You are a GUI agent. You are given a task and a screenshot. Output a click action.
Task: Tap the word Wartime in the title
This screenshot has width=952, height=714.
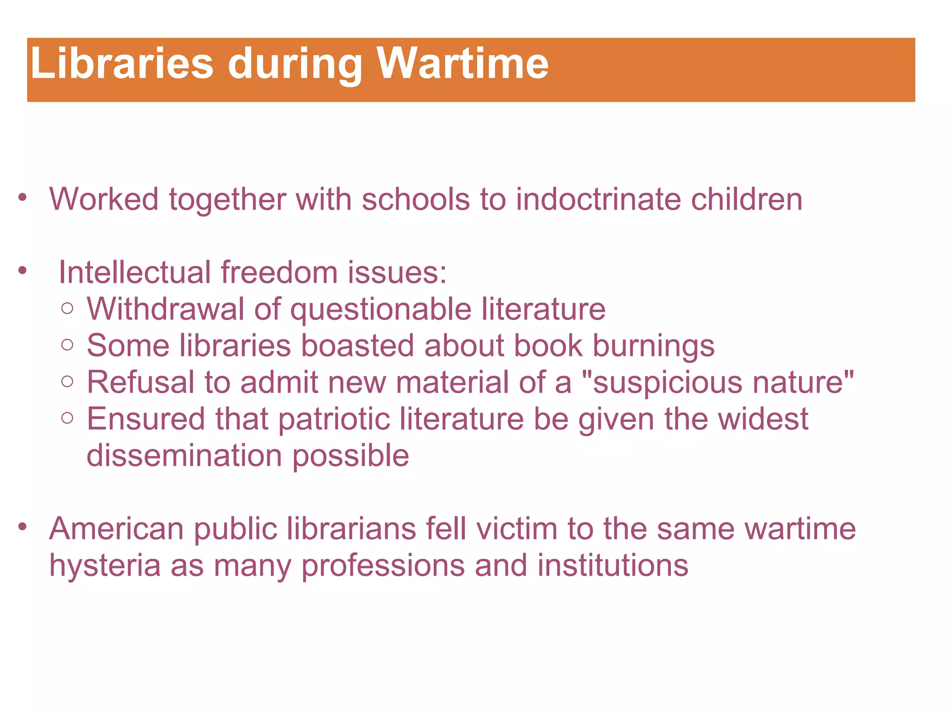pyautogui.click(x=463, y=64)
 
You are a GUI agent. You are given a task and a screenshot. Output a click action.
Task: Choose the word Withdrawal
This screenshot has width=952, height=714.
pyautogui.click(x=165, y=309)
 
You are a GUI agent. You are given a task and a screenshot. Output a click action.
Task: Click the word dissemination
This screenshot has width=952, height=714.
pyautogui.click(x=184, y=455)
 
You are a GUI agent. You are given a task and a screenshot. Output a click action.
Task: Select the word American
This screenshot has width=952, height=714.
pyautogui.click(x=116, y=529)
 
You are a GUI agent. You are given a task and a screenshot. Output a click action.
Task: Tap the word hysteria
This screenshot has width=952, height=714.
pyautogui.click(x=104, y=566)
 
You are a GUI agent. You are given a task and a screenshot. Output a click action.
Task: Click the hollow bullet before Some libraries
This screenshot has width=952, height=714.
pyautogui.click(x=67, y=345)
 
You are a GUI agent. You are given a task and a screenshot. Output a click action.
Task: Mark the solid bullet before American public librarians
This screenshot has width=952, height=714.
pyautogui.click(x=22, y=527)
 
